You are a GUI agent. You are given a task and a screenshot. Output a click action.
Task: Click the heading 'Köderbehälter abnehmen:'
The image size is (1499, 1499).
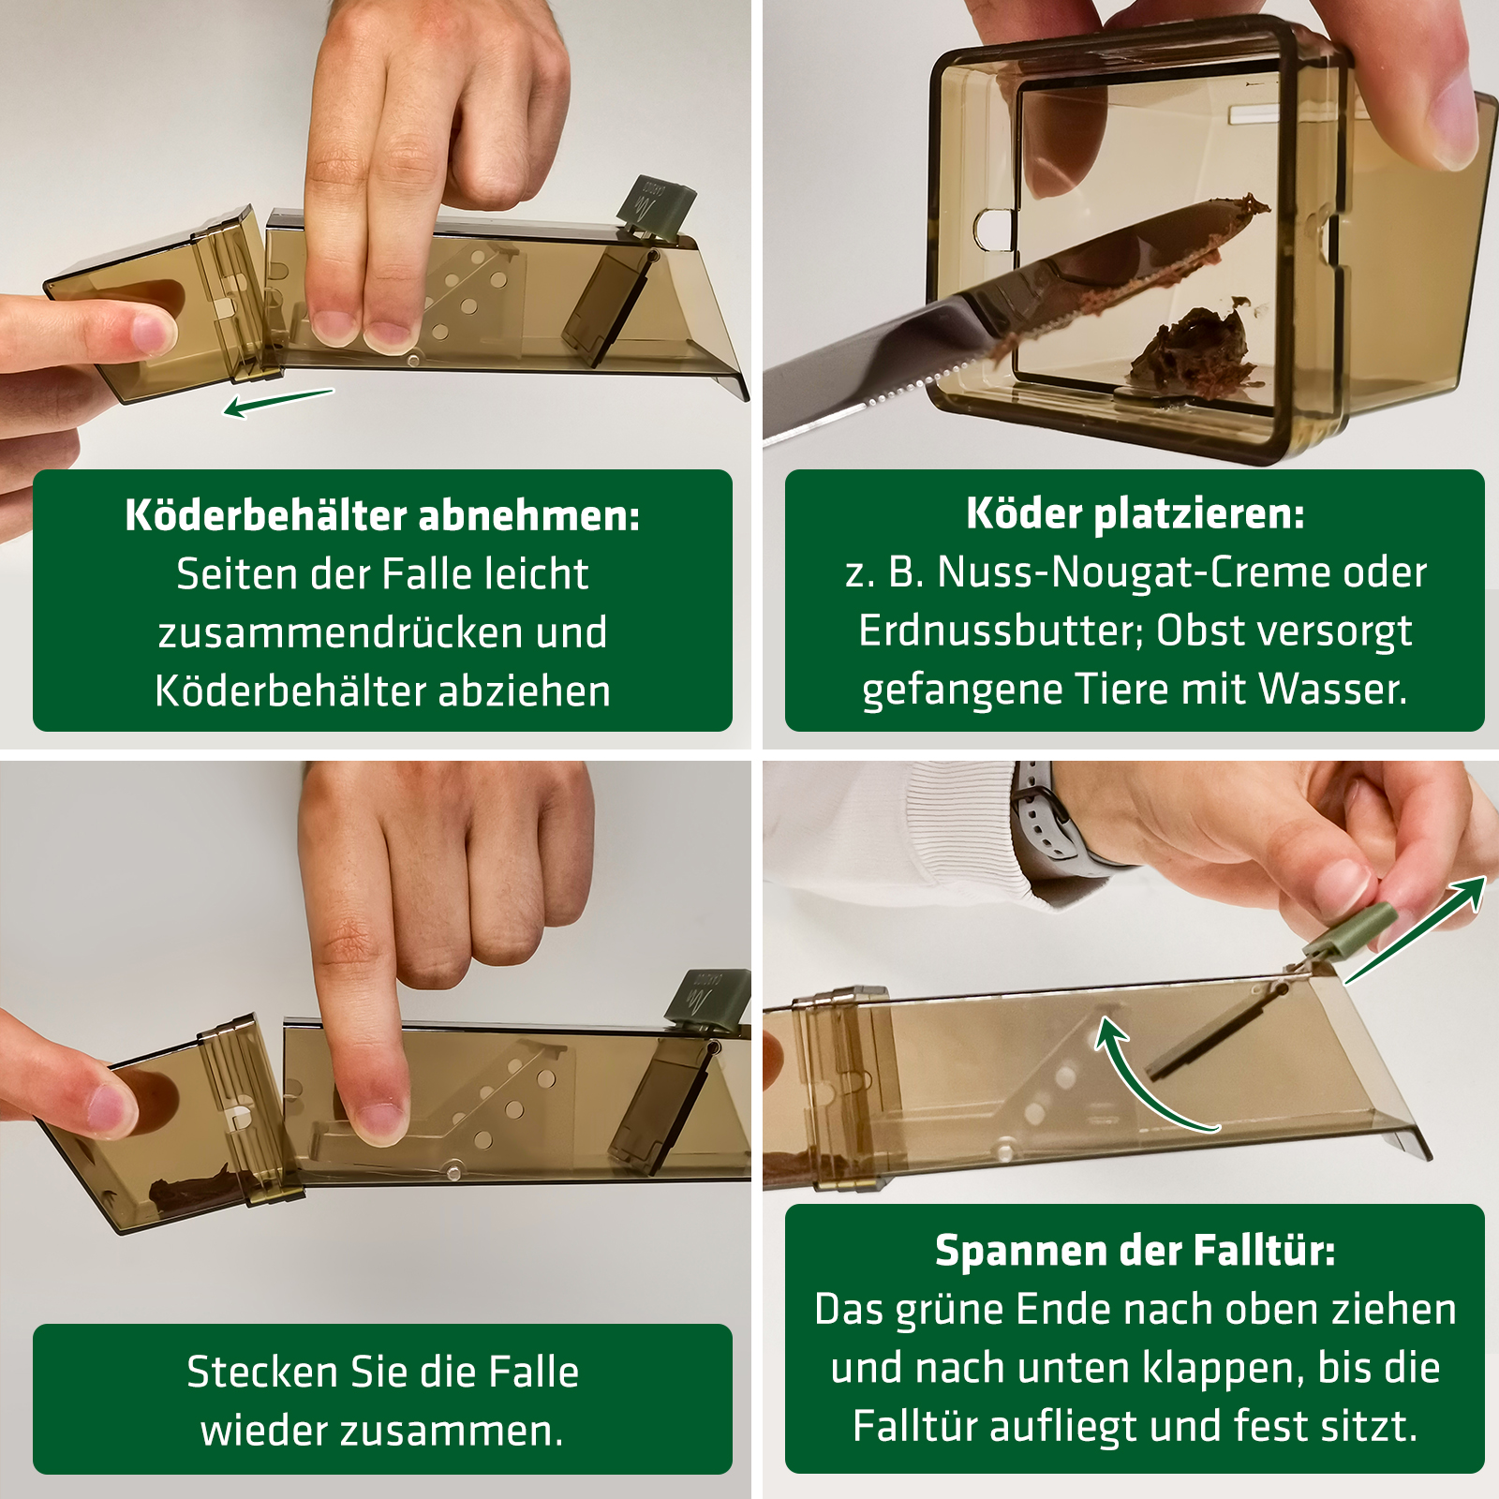[382, 515]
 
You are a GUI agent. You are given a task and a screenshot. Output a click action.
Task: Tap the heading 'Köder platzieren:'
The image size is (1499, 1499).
[1135, 513]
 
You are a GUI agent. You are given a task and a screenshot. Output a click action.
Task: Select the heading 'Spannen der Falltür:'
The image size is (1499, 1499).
[1135, 1251]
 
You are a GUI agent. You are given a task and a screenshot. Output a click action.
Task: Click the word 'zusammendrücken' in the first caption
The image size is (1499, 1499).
[341, 632]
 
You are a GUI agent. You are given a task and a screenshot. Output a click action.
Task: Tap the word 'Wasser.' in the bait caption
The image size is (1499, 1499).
[1333, 689]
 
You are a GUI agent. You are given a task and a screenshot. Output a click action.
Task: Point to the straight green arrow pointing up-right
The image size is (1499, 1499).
[1416, 930]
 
